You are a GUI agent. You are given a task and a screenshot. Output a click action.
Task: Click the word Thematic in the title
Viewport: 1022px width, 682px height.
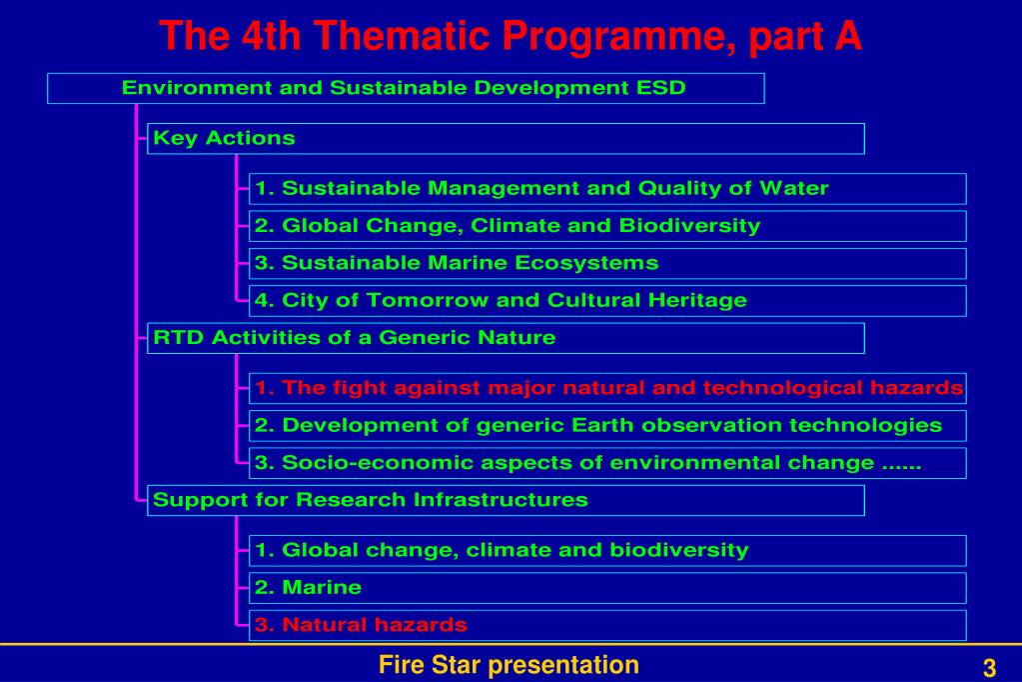[x=401, y=35]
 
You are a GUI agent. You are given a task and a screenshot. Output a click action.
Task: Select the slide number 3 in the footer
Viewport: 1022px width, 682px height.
[x=989, y=668]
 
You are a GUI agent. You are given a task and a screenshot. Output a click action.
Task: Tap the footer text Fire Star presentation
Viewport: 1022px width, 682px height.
[x=510, y=665]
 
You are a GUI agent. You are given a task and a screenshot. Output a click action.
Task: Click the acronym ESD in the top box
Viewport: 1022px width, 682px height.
[x=661, y=87]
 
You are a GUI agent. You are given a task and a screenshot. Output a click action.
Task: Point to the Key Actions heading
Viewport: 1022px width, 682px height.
[x=224, y=138]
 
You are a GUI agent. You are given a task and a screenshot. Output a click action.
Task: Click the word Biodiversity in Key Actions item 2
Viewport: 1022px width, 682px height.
[x=689, y=226]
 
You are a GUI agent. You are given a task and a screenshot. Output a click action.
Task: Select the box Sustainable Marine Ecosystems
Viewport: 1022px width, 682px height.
[x=607, y=264]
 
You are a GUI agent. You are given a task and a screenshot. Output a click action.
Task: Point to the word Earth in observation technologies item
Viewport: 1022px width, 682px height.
[x=602, y=425]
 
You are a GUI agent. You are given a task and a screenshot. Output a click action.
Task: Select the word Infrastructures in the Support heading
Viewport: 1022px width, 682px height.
[x=501, y=500]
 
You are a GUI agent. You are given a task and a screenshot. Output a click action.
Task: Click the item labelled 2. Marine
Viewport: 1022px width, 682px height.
[x=607, y=588]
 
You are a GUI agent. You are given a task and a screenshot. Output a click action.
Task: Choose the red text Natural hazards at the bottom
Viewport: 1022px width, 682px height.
[x=375, y=625]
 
